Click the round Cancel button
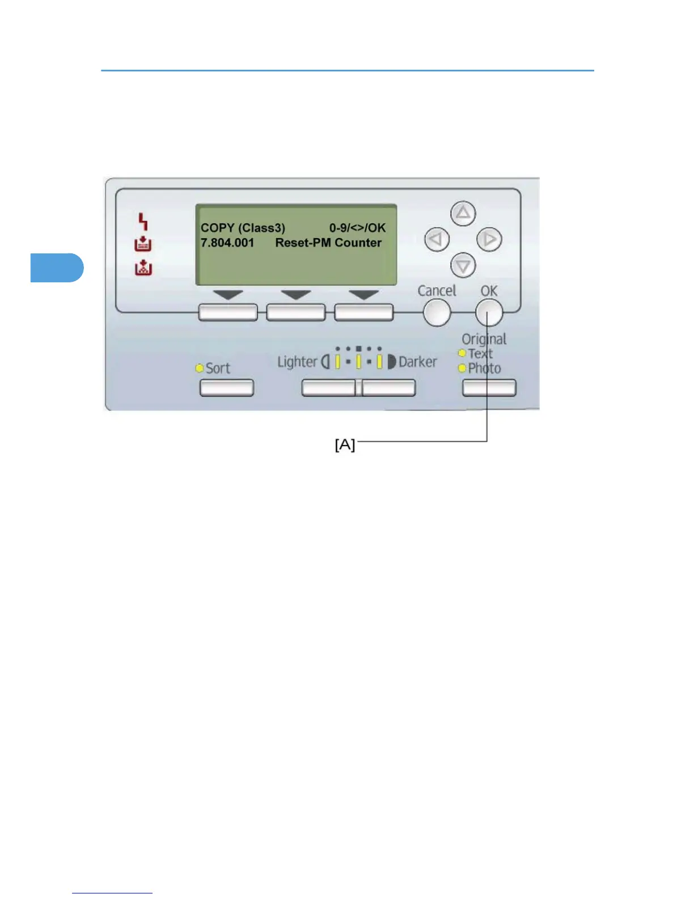pyautogui.click(x=437, y=312)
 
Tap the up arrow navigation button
pyautogui.click(x=463, y=214)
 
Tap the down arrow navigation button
pyautogui.click(x=463, y=265)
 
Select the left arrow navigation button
pyautogui.click(x=437, y=239)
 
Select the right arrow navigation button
pyautogui.click(x=489, y=239)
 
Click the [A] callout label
pyautogui.click(x=345, y=445)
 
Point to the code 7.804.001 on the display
pyautogui.click(x=227, y=243)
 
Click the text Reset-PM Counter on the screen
pyautogui.click(x=328, y=243)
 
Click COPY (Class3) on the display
pyautogui.click(x=243, y=228)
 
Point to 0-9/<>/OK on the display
pyautogui.click(x=357, y=228)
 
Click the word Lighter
pyautogui.click(x=297, y=362)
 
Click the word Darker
pyautogui.click(x=418, y=362)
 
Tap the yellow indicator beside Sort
pyautogui.click(x=200, y=368)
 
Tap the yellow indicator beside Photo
pyautogui.click(x=462, y=368)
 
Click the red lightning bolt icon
pyautogui.click(x=143, y=221)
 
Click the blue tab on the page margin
pyautogui.click(x=57, y=268)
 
